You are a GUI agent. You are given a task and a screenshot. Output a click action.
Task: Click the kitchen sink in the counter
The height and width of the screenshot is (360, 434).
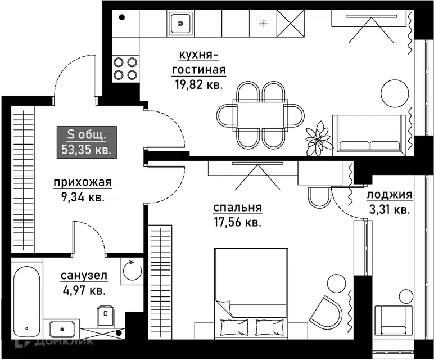(x=180, y=24)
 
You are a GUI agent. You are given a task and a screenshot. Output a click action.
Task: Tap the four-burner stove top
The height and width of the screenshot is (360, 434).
(x=125, y=69)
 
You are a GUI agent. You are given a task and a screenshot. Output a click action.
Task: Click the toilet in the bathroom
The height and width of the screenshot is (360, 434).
(x=106, y=316)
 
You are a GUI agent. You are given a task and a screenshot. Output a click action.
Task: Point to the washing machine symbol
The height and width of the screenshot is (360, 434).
(x=132, y=271)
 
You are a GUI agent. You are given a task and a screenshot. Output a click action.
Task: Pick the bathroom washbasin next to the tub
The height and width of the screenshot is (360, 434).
(x=62, y=329)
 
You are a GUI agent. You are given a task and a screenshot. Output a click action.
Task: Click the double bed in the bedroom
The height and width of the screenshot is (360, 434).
(x=251, y=293)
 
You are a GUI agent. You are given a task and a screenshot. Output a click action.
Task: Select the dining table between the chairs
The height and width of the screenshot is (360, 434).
(x=260, y=114)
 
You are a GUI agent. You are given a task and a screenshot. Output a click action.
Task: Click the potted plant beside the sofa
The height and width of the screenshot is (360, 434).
(x=318, y=138)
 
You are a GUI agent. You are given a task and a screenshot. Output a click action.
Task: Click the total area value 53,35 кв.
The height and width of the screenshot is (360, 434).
(x=87, y=150)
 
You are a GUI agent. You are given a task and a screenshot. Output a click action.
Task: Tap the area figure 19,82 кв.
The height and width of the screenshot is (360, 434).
(x=199, y=84)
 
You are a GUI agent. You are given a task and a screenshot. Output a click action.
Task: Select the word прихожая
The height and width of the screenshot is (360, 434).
(x=83, y=182)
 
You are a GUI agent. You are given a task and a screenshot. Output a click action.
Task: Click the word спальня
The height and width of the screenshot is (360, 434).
(x=237, y=208)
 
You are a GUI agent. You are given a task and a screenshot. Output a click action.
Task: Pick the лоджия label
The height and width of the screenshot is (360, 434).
(x=390, y=195)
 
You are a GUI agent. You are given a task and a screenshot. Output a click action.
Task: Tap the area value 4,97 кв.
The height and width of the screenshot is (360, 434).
(x=84, y=290)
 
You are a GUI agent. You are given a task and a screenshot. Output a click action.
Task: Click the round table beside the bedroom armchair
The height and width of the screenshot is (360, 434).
(x=336, y=283)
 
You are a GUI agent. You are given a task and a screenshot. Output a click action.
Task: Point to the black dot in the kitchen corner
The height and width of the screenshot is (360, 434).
(x=122, y=17)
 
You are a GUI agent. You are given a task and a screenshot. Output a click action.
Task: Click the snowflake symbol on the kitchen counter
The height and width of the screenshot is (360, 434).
(x=263, y=24)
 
